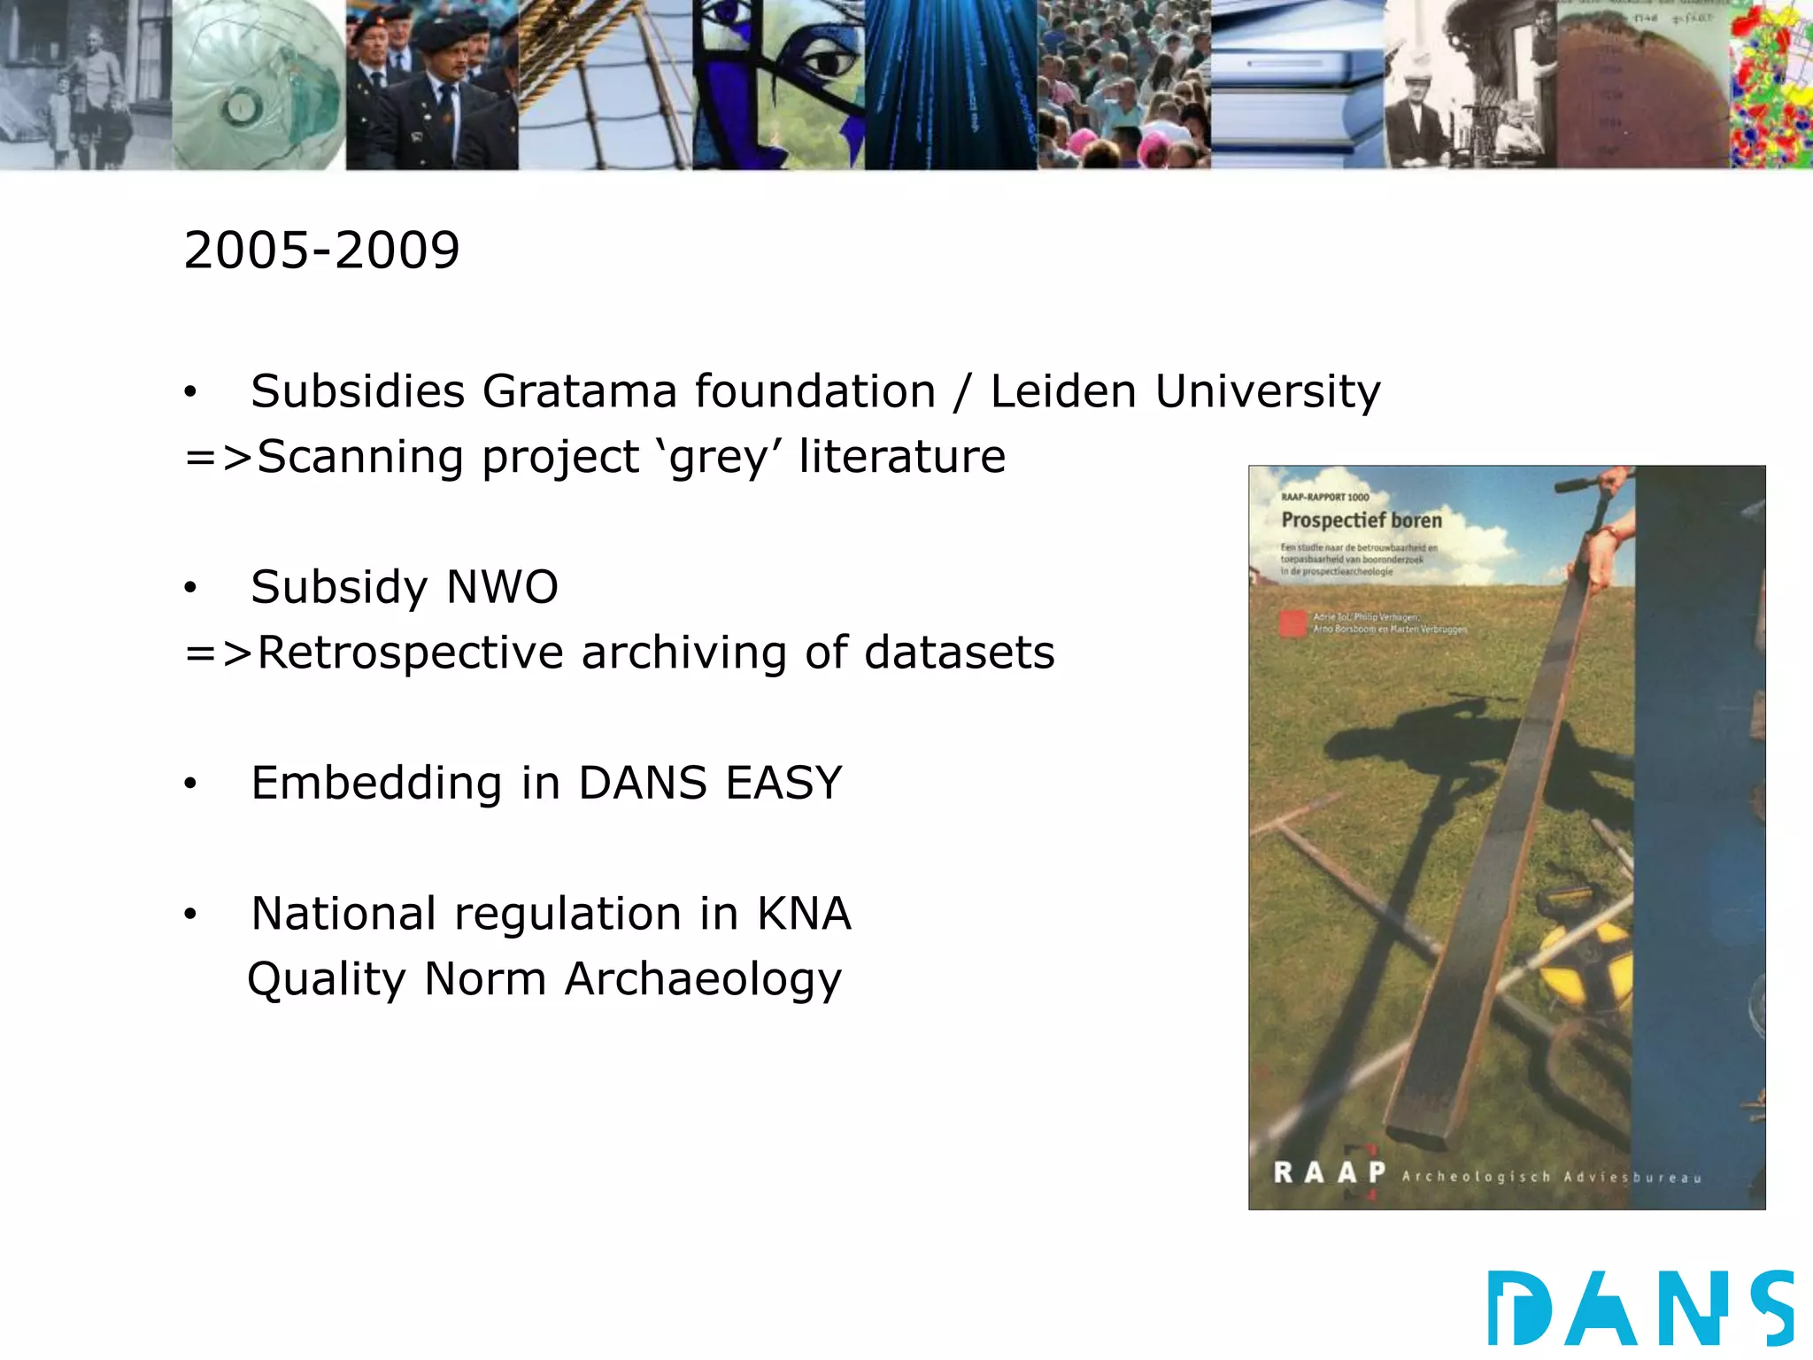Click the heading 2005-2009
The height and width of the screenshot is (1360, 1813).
click(x=321, y=251)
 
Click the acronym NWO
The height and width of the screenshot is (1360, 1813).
click(x=502, y=587)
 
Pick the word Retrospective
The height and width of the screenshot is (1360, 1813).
click(x=410, y=654)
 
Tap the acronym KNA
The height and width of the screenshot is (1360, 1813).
click(x=804, y=914)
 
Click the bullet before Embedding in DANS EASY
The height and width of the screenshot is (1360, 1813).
click(x=190, y=784)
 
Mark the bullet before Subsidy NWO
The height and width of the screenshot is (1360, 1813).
click(x=190, y=588)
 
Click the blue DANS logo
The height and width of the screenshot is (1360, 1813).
click(x=1640, y=1308)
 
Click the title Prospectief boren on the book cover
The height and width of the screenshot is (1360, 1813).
click(x=1361, y=521)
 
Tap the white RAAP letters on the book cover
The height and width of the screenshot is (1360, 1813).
click(x=1329, y=1173)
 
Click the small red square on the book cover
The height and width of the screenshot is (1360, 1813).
click(x=1292, y=623)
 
